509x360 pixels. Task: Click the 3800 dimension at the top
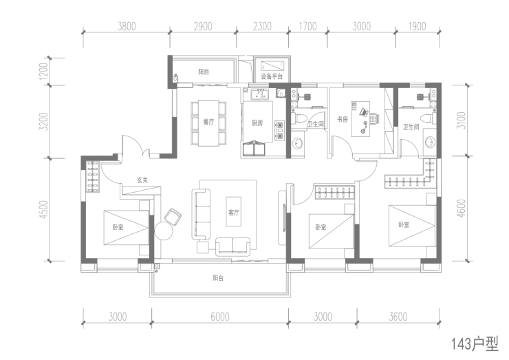(x=127, y=26)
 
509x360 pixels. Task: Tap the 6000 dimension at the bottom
(x=220, y=317)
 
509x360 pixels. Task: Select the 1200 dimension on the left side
(x=43, y=71)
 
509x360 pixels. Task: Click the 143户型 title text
(x=475, y=343)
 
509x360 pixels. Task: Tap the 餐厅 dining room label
(x=208, y=122)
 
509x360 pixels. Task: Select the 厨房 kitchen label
(x=257, y=123)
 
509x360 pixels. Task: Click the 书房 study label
(x=342, y=119)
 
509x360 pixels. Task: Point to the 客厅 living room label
(x=233, y=213)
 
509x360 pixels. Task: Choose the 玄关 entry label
(x=142, y=180)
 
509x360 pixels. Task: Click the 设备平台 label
(x=272, y=76)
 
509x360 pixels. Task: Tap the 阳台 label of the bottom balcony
(x=218, y=278)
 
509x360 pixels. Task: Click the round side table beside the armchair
(x=164, y=231)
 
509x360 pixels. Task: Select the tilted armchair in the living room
(x=173, y=216)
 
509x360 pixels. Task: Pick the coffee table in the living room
(x=234, y=211)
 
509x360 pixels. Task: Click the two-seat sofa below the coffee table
(x=232, y=246)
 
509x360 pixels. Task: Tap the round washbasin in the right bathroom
(x=430, y=142)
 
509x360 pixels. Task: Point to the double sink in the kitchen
(x=259, y=95)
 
